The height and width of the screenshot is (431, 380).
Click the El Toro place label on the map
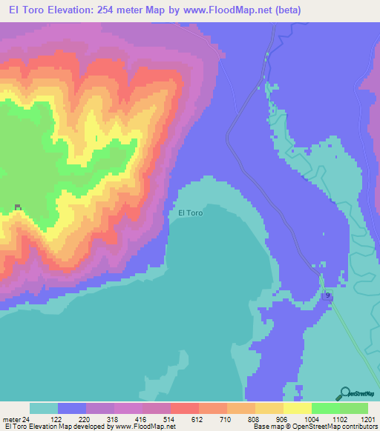[191, 213]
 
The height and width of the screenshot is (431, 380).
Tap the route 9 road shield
[327, 295]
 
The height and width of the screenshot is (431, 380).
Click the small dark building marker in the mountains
[19, 207]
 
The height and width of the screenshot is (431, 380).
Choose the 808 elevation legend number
[253, 418]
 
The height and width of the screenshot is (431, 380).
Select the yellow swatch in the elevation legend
[297, 408]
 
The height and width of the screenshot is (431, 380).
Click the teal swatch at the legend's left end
[43, 408]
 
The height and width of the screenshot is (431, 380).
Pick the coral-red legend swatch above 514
[184, 408]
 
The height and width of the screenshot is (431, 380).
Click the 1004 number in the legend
[309, 418]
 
